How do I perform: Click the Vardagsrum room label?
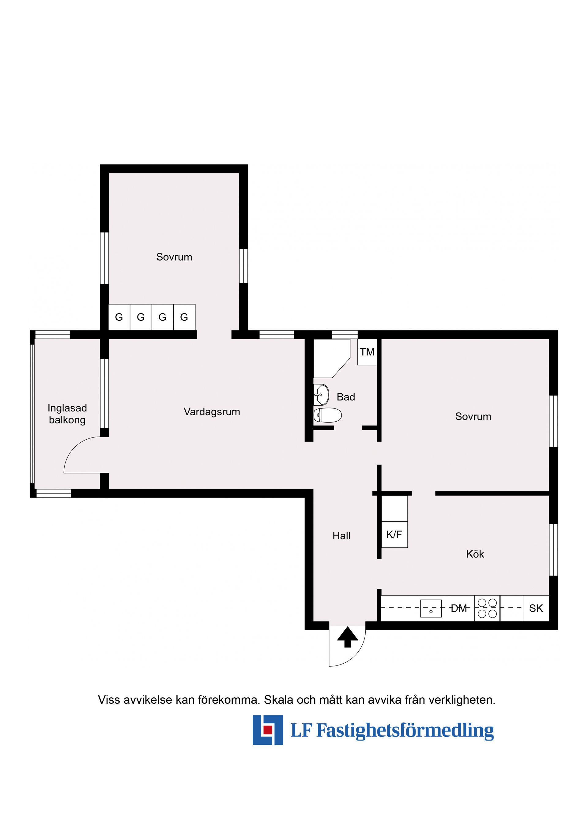[212, 412]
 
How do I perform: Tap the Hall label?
[341, 536]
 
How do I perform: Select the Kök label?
[475, 554]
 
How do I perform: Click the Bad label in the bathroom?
[346, 397]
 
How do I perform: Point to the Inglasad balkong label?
[67, 414]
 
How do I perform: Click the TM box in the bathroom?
[367, 352]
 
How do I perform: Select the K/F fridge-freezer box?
[394, 535]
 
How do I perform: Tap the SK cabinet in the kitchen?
[536, 608]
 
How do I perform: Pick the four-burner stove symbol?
[487, 608]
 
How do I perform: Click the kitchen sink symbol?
[431, 608]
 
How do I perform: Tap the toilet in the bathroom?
[327, 415]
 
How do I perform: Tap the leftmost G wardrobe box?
[119, 317]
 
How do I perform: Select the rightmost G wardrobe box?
[184, 317]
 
